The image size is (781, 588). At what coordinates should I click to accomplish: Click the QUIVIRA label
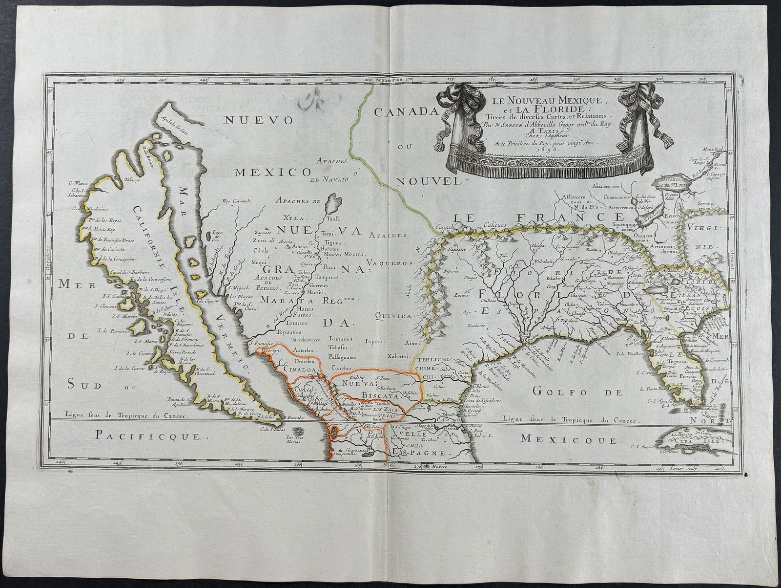click(x=392, y=316)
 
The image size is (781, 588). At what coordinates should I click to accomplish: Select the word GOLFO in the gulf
click(x=558, y=391)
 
